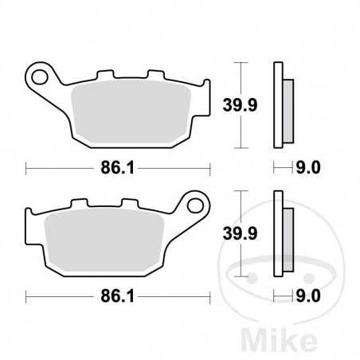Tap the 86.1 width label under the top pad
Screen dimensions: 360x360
coord(116,169)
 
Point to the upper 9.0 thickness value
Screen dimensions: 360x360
coord(307,168)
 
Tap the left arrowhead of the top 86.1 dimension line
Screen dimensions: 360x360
coord(29,169)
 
